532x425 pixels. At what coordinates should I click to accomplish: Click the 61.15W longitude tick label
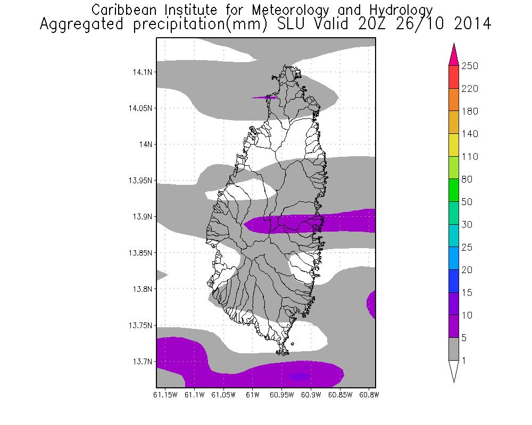pos(165,395)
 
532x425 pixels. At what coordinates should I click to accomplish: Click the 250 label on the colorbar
pos(470,66)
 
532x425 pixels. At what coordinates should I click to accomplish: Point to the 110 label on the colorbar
pos(470,157)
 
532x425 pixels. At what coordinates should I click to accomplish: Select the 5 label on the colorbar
pos(467,338)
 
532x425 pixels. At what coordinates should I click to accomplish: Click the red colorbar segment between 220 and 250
pos(454,77)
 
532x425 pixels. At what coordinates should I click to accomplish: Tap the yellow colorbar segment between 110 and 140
pos(454,145)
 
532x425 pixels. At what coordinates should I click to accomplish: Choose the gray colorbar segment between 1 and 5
pos(454,349)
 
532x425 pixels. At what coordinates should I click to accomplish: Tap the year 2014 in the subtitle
pos(469,24)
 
